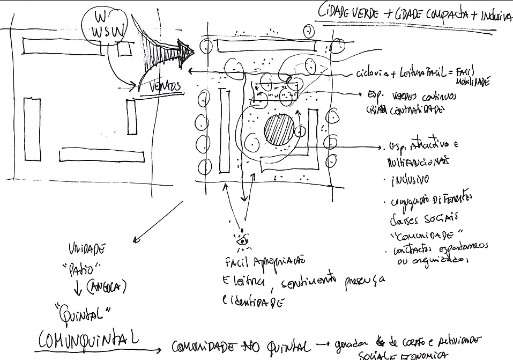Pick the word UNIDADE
[86, 248]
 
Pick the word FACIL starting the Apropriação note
[240, 262]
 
